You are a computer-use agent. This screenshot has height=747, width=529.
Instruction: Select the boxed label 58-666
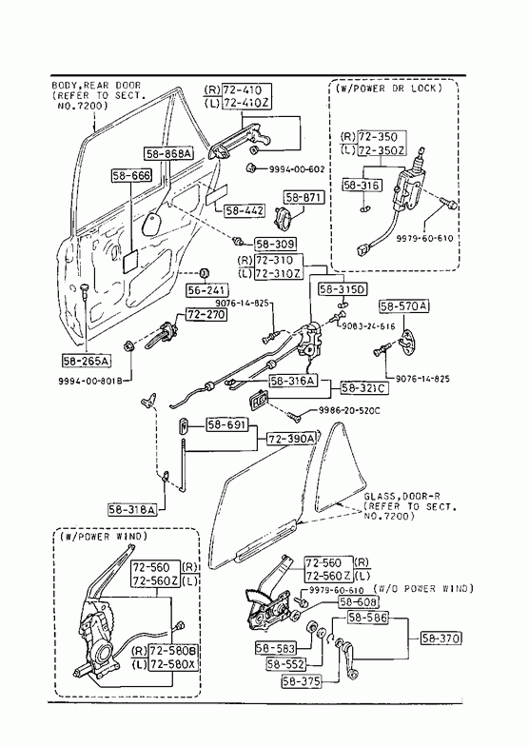(131, 175)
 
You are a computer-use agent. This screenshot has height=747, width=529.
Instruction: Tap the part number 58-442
(245, 210)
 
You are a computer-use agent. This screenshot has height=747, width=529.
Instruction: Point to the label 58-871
(304, 197)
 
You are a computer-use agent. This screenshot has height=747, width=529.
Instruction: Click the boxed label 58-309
(275, 245)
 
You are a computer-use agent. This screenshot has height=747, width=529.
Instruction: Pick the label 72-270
(206, 314)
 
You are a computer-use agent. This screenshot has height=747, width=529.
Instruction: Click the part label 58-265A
(87, 361)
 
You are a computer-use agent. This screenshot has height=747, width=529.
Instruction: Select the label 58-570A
(403, 306)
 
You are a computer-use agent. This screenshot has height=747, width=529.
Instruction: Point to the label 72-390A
(291, 439)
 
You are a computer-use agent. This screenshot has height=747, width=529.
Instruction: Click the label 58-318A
(132, 509)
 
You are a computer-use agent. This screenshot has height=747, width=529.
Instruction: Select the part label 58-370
(441, 638)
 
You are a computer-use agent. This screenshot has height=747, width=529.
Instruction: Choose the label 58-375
(302, 681)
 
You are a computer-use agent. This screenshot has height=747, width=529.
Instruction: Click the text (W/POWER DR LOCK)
(389, 88)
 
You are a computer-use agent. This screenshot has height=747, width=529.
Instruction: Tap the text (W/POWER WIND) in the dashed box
(104, 537)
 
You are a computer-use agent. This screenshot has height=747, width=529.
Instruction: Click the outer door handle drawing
(238, 142)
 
